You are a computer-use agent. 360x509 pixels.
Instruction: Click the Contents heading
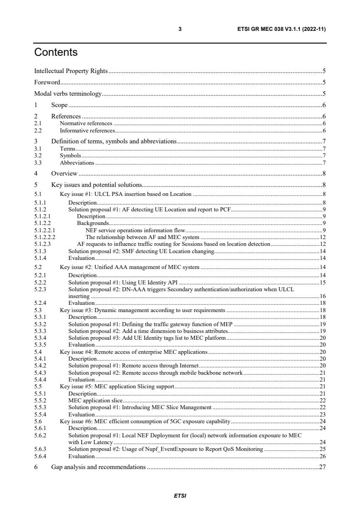click(x=56, y=53)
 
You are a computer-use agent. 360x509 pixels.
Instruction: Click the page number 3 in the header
click(x=180, y=29)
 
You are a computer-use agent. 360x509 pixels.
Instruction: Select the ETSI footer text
click(x=180, y=496)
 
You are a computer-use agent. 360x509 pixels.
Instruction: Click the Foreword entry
click(x=47, y=83)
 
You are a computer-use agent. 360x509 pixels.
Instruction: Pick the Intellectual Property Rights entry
click(x=71, y=71)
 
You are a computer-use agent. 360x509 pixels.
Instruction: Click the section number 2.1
click(x=38, y=123)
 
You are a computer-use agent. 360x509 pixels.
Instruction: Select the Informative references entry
click(x=87, y=130)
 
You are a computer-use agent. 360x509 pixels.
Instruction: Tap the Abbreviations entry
click(x=77, y=162)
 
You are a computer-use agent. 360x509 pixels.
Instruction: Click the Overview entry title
click(x=64, y=173)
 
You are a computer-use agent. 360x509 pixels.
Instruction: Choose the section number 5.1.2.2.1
click(x=44, y=230)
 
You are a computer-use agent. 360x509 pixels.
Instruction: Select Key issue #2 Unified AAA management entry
click(x=129, y=267)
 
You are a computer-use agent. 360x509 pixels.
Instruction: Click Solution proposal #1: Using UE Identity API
click(x=122, y=282)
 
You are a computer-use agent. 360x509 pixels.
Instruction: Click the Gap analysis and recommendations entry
click(x=98, y=467)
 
